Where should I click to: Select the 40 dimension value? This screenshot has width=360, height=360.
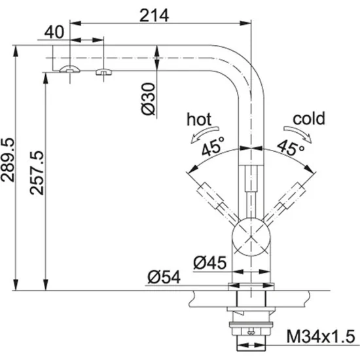tap(56, 31)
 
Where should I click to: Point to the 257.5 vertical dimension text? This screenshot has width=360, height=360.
tap(37, 176)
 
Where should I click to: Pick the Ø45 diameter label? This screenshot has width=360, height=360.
tap(209, 263)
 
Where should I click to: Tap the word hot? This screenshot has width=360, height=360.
tap(199, 119)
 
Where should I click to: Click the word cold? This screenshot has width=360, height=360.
tap(309, 119)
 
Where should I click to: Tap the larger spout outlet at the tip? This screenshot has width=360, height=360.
tap(68, 70)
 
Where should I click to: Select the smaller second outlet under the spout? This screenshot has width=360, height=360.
tap(102, 71)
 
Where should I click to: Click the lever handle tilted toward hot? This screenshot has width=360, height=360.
tap(209, 197)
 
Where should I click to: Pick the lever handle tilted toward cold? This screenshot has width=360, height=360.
tap(288, 197)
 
